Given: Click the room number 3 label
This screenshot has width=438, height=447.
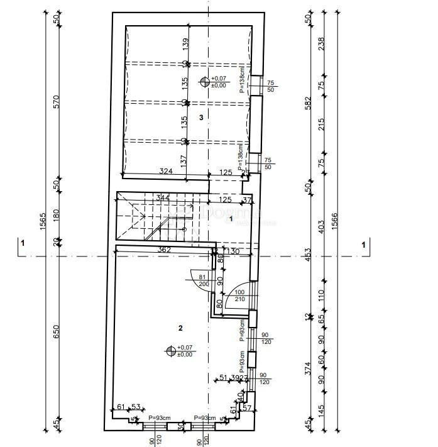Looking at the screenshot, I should click(x=200, y=117).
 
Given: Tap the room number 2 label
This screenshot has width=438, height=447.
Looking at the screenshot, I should click(x=180, y=328).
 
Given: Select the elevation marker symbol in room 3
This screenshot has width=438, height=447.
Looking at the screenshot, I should click(x=204, y=81).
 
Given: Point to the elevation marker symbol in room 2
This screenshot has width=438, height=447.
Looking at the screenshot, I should click(x=170, y=351).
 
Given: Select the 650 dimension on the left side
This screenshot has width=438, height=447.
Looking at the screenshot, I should click(x=56, y=331).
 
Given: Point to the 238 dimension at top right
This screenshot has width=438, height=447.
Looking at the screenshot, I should click(x=322, y=44).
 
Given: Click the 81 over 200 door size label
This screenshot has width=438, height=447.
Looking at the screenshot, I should click(x=203, y=280).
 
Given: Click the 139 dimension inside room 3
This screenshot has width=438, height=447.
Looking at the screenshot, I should click(x=185, y=43).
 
